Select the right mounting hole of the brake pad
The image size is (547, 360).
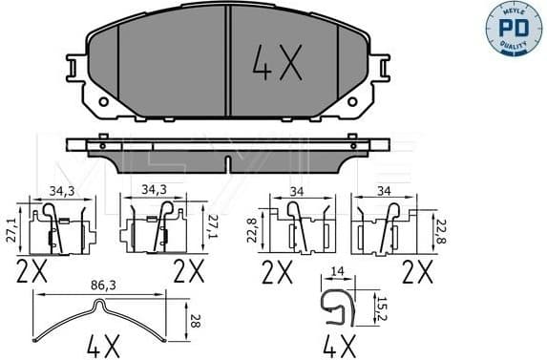353,100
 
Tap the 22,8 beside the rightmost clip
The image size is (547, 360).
441,229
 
